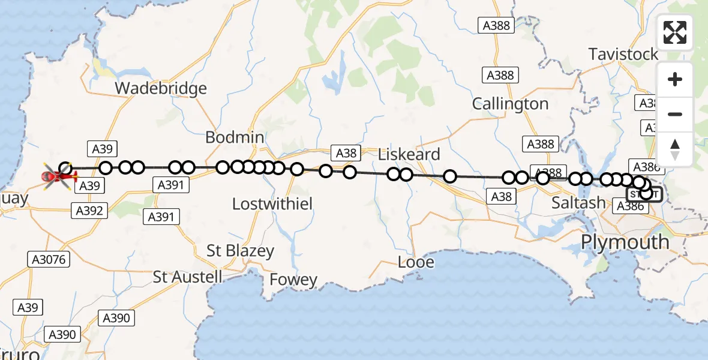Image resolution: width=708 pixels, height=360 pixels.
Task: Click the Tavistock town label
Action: click(623, 55)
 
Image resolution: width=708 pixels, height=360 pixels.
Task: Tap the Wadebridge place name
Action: click(161, 89)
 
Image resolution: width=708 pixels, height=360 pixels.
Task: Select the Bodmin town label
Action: click(235, 137)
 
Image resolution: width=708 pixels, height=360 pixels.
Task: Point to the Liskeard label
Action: click(409, 154)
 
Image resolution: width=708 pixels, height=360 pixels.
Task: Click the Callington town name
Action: click(510, 104)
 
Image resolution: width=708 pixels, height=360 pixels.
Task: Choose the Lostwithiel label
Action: click(272, 204)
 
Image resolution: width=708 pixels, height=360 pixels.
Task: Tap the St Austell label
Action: click(187, 277)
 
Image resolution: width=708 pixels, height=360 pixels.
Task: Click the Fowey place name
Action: click(293, 280)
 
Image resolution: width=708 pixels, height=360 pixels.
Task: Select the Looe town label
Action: click(416, 262)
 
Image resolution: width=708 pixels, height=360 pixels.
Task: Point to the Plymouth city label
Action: click(625, 242)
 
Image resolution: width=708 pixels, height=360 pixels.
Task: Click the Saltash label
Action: click(578, 203)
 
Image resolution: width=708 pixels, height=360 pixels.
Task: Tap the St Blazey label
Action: click(240, 251)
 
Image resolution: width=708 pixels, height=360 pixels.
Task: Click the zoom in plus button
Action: click(675, 80)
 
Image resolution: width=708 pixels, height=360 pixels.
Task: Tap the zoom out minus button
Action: click(675, 114)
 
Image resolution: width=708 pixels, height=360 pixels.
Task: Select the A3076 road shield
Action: click(49, 260)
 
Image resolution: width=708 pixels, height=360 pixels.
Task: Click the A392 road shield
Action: click(89, 211)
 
